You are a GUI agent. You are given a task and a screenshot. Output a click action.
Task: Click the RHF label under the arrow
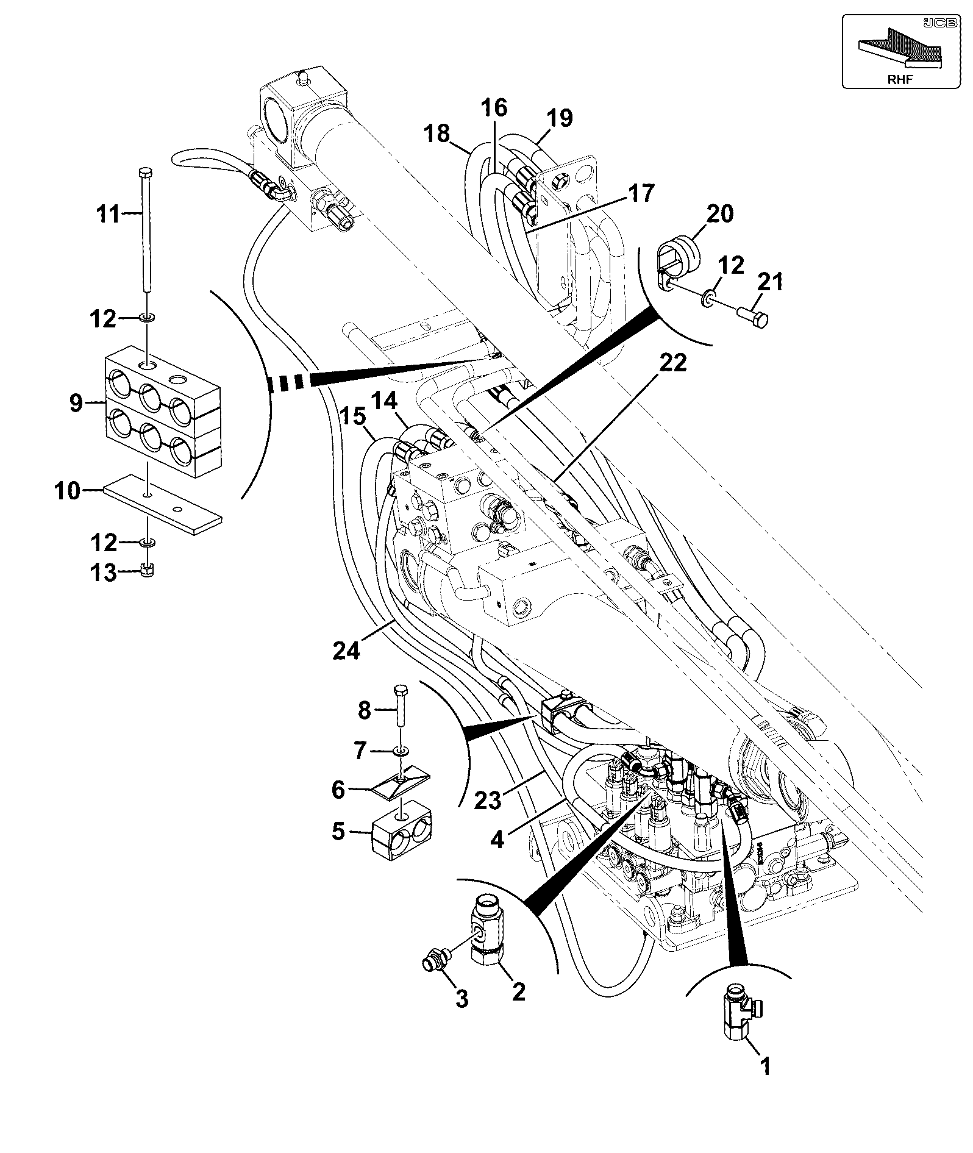900,79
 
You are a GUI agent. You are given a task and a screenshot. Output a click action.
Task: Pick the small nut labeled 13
147,571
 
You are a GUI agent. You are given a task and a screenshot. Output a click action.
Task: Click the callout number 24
347,651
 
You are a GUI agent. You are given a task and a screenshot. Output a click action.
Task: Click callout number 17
640,194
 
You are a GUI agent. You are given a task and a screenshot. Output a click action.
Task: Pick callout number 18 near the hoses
437,134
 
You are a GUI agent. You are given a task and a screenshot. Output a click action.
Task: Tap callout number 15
352,418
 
